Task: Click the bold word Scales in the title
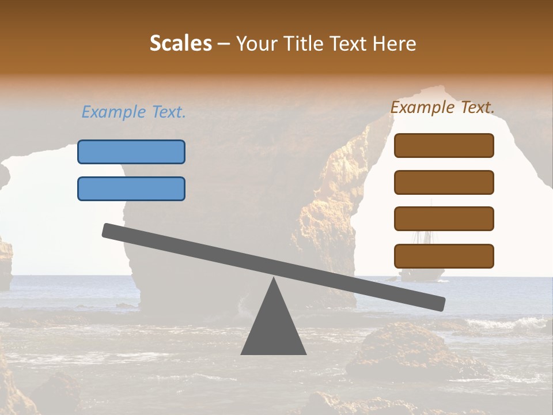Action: pyautogui.click(x=180, y=44)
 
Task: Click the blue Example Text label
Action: pyautogui.click(x=134, y=112)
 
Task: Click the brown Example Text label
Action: pyautogui.click(x=442, y=107)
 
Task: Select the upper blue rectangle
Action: pyautogui.click(x=131, y=152)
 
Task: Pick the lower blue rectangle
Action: pyautogui.click(x=131, y=188)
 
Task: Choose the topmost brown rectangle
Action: pyautogui.click(x=444, y=145)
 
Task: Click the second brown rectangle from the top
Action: pyautogui.click(x=444, y=182)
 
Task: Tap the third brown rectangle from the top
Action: pyautogui.click(x=444, y=218)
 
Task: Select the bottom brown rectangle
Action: pyautogui.click(x=444, y=256)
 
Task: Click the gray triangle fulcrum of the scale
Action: pyautogui.click(x=274, y=329)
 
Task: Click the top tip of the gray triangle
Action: pyautogui.click(x=274, y=280)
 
